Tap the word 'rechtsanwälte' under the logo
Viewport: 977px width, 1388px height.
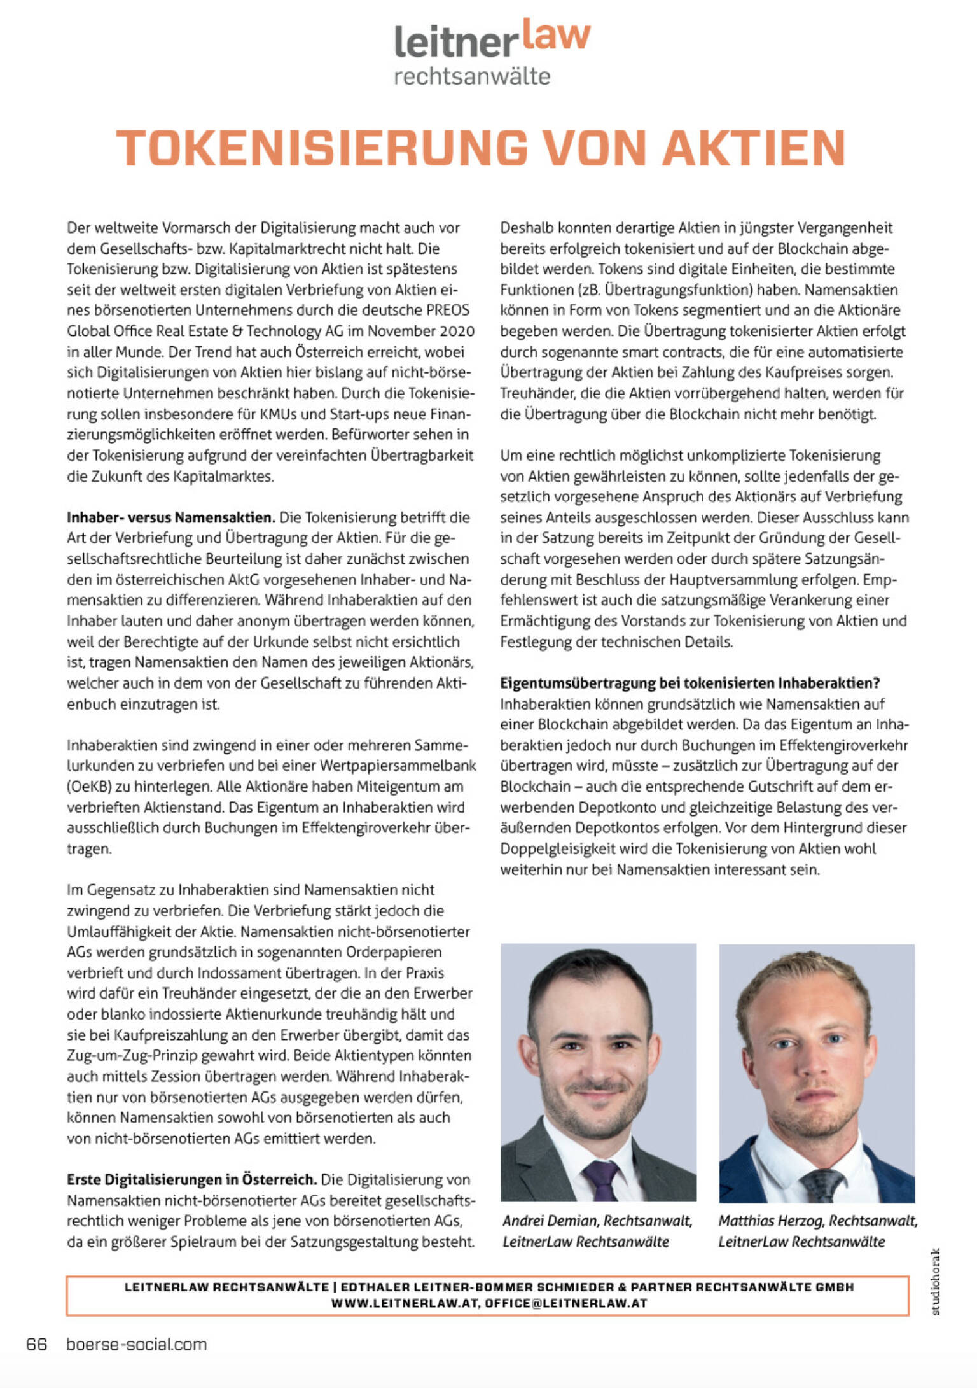click(472, 77)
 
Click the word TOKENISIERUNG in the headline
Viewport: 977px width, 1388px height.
click(322, 148)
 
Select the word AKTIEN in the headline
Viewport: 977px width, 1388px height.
click(754, 148)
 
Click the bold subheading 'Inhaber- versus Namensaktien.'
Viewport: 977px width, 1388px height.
click(171, 517)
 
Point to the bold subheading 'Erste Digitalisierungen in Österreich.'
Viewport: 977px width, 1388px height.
click(191, 1179)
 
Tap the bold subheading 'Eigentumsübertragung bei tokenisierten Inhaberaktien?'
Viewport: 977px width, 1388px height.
click(690, 683)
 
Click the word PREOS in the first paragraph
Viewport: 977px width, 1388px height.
click(448, 311)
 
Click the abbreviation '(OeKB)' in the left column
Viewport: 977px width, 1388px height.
click(89, 787)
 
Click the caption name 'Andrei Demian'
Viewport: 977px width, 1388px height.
click(550, 1221)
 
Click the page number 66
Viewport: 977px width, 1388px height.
click(36, 1344)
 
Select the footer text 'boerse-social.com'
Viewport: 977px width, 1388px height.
click(136, 1344)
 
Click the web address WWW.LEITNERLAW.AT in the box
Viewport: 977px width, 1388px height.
click(405, 1303)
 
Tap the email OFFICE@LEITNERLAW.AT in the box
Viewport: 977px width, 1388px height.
click(566, 1303)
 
